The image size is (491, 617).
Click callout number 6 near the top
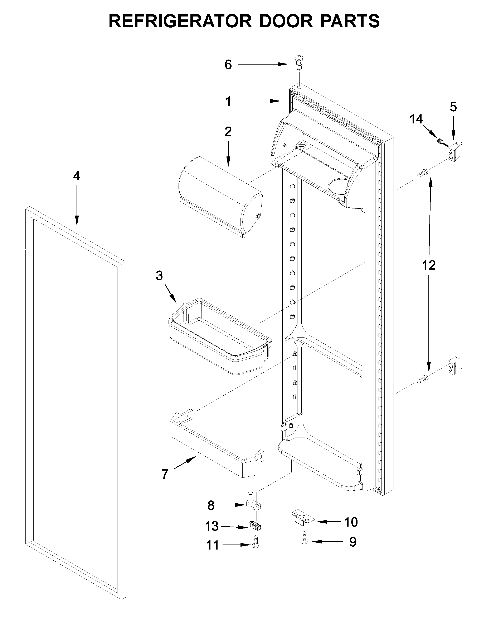228,65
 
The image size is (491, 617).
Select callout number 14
416,119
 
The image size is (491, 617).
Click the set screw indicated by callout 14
440,141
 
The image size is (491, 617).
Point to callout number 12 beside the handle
429,265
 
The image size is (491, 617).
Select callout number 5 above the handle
453,107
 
